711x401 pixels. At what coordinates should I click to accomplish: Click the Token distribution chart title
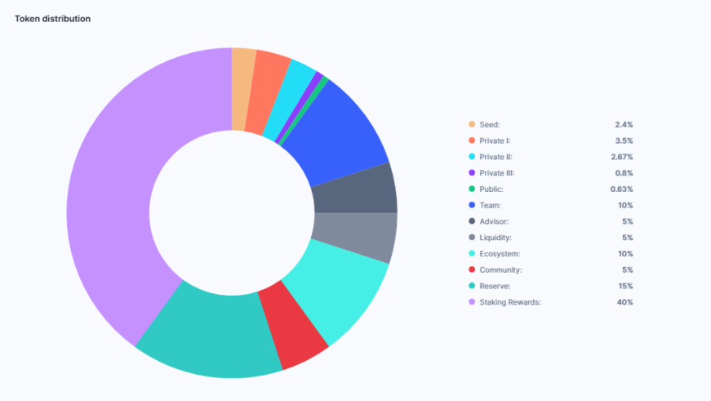(52, 19)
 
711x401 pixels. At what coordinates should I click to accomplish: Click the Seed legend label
(491, 125)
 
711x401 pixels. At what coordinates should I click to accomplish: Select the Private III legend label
(496, 173)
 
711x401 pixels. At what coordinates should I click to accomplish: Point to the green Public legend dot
(472, 189)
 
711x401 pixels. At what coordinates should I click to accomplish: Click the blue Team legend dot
(472, 206)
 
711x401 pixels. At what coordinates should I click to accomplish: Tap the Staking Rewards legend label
(510, 302)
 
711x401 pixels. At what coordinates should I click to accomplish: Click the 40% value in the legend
(625, 302)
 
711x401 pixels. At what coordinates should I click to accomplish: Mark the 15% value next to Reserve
(625, 286)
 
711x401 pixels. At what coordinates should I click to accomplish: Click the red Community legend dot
(472, 270)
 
